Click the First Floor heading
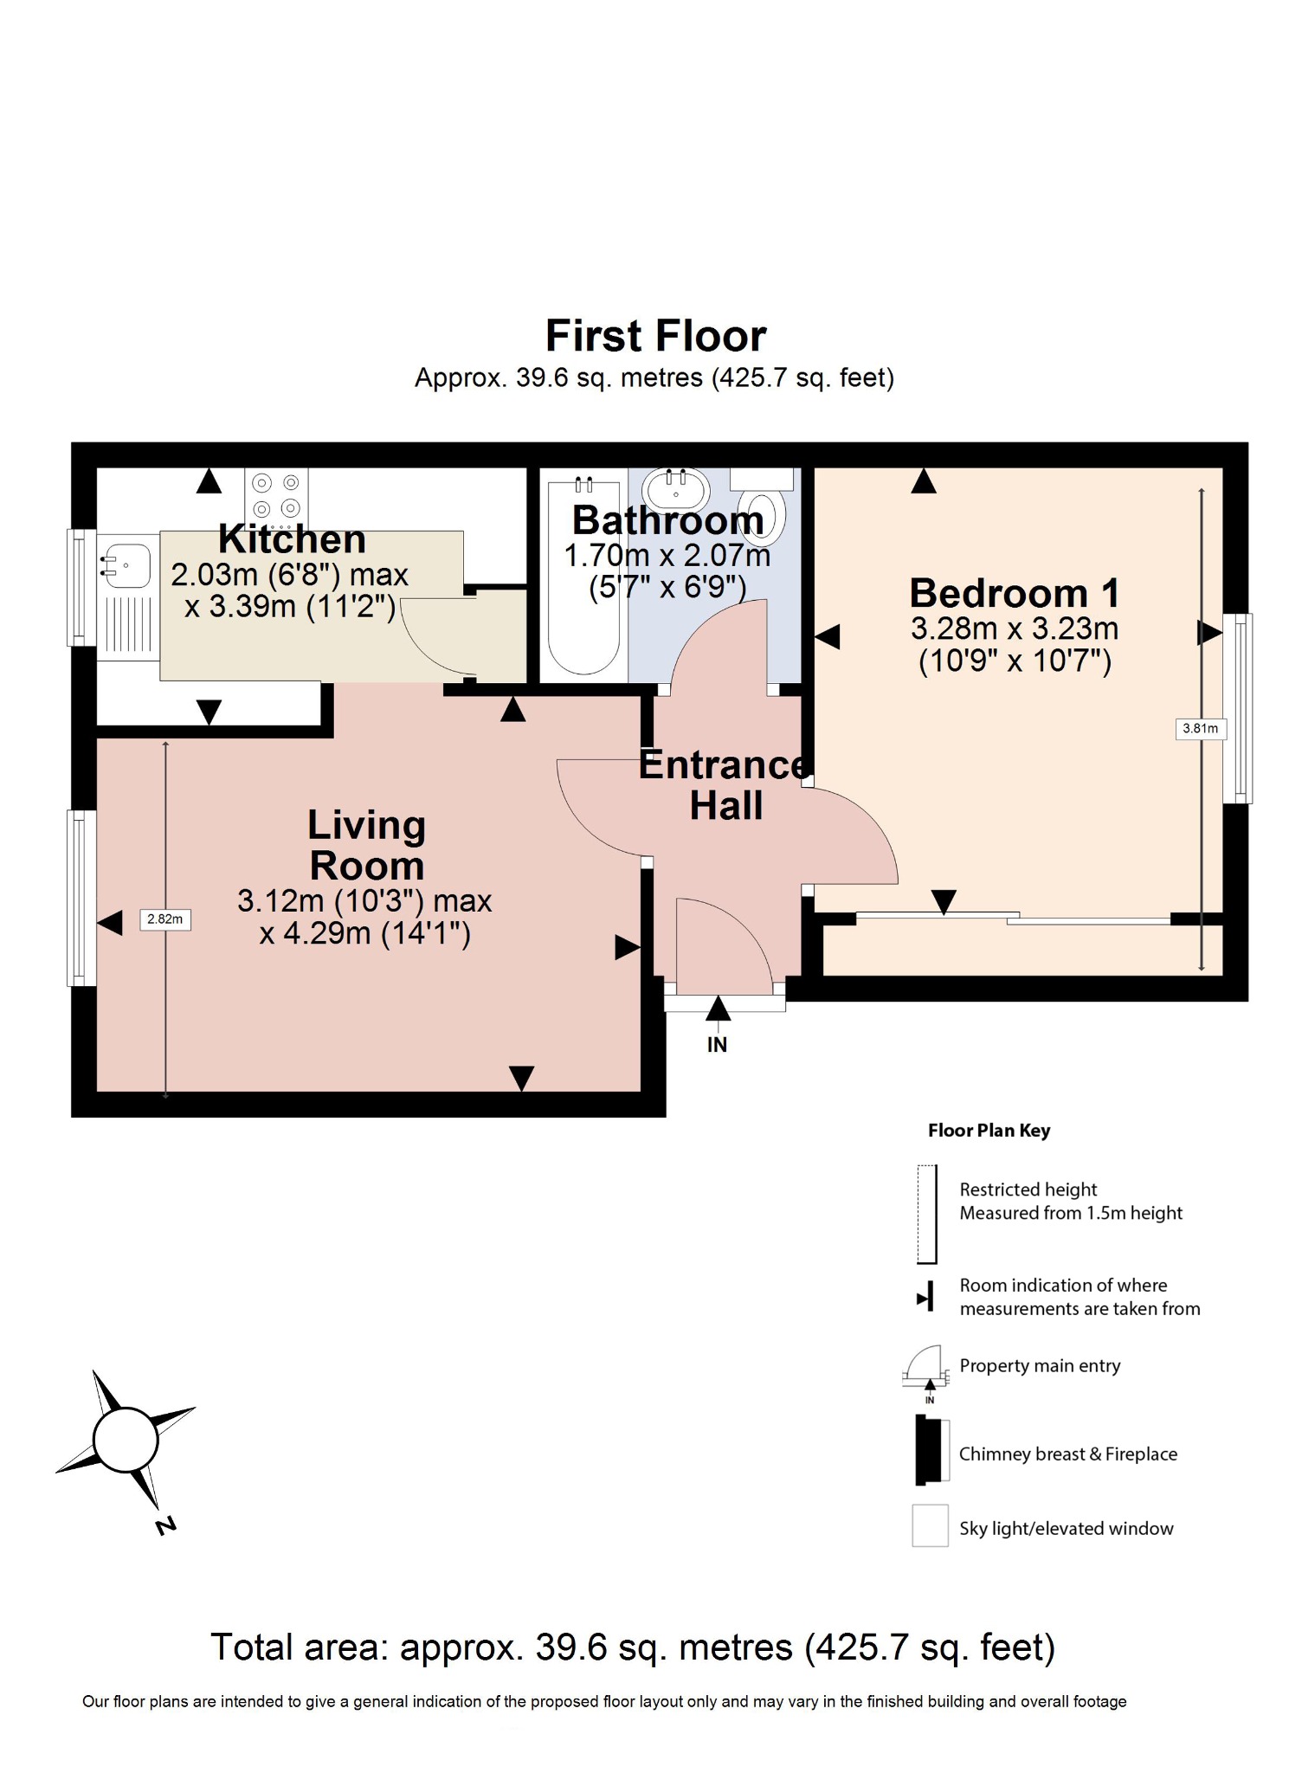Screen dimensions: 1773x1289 (655, 336)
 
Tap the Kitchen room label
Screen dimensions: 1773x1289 (292, 539)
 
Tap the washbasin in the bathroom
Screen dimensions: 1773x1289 (675, 487)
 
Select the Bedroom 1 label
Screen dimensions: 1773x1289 (1014, 594)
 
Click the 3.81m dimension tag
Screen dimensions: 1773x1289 (1200, 728)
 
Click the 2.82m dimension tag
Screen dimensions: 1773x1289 (164, 919)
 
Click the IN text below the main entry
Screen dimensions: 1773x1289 (717, 1045)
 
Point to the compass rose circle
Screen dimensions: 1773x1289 (126, 1441)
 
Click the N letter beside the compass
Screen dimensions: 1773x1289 (164, 1525)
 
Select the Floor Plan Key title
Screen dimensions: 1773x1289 (989, 1131)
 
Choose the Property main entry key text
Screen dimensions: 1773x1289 (1040, 1366)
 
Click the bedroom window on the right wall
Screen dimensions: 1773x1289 (1242, 708)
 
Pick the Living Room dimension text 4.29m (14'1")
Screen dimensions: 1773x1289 (364, 934)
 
